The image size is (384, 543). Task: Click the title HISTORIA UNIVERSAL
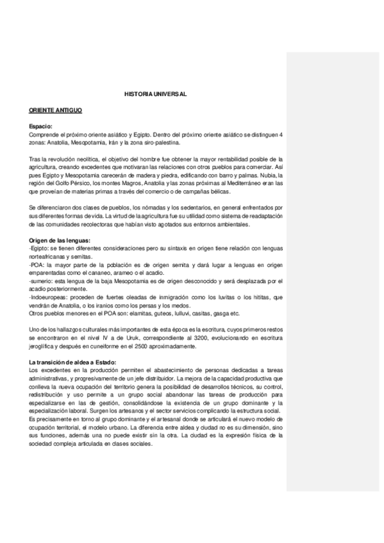pyautogui.click(x=155, y=93)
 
